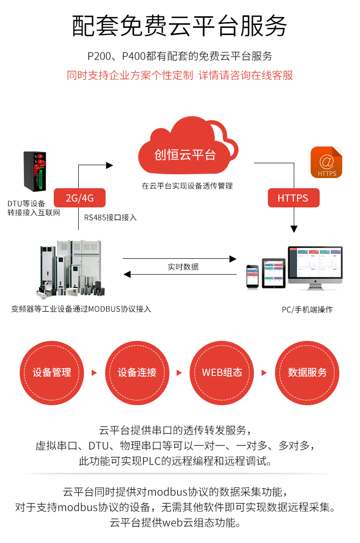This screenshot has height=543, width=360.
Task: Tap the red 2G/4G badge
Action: point(79,198)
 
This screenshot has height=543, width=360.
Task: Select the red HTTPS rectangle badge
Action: point(293,198)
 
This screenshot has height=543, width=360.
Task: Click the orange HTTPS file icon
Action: point(326,163)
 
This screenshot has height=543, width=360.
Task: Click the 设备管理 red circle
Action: point(52,373)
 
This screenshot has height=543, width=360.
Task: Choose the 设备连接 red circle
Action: point(137,373)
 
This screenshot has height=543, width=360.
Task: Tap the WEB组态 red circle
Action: point(222,373)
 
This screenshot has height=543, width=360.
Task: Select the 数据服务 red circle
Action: point(307,373)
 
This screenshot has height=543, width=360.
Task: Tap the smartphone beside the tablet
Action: point(253,277)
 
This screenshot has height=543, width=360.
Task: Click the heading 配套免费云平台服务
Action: point(180,26)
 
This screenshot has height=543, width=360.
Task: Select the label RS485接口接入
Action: point(110,217)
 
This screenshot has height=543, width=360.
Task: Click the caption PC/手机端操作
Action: point(307,310)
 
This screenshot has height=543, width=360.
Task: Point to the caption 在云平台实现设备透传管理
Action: point(187,186)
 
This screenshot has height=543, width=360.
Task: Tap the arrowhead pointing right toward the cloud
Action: point(109,165)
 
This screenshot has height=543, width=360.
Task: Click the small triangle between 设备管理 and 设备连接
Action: point(94,373)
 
